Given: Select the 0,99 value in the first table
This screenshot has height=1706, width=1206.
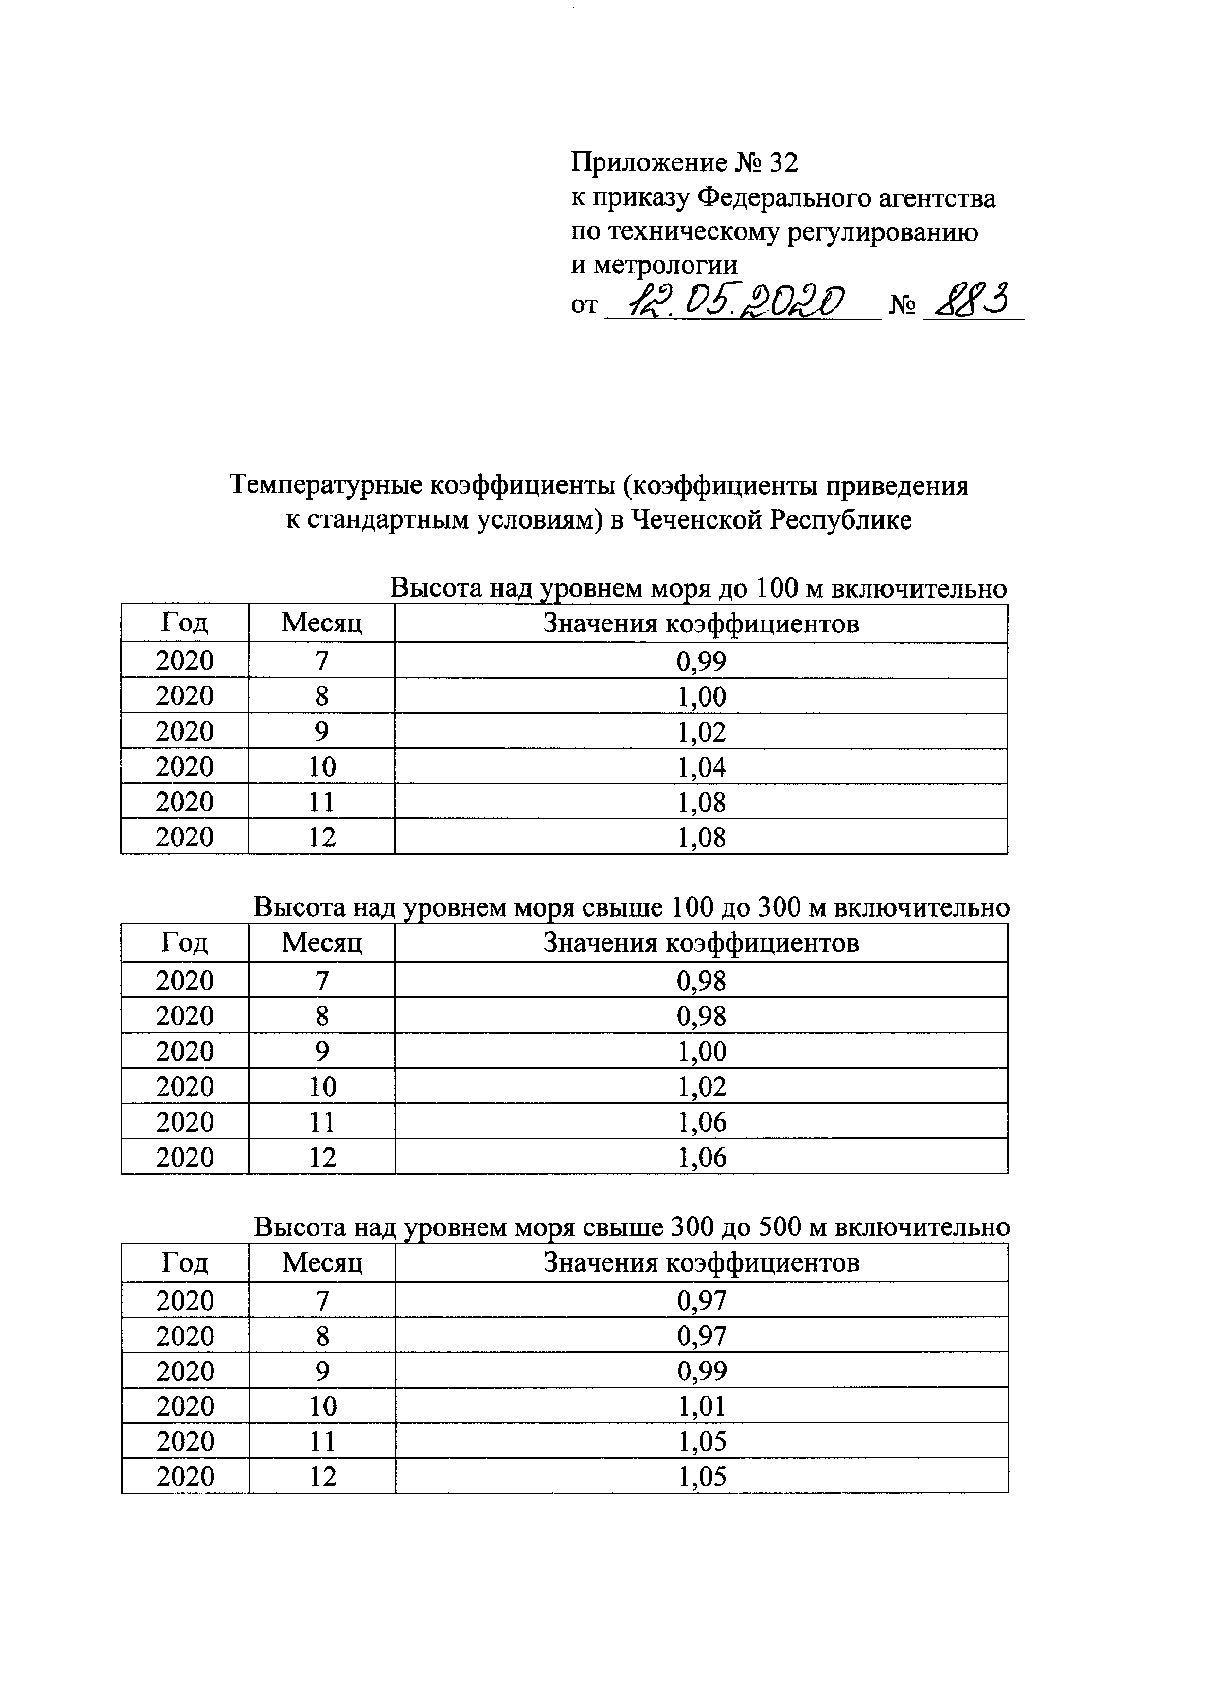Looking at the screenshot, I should [701, 660].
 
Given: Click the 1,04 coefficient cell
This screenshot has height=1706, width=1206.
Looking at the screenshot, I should [701, 767].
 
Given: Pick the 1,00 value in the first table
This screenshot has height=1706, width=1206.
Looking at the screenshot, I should [701, 696].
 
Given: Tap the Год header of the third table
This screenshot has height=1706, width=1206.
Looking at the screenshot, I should [185, 1262].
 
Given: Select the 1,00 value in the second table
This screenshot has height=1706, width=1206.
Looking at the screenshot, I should [701, 1051].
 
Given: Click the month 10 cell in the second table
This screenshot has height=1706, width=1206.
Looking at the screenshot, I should [322, 1087].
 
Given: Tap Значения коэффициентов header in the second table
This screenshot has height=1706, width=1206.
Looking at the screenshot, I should [701, 943].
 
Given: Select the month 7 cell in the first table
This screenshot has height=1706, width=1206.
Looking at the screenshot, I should [322, 660].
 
